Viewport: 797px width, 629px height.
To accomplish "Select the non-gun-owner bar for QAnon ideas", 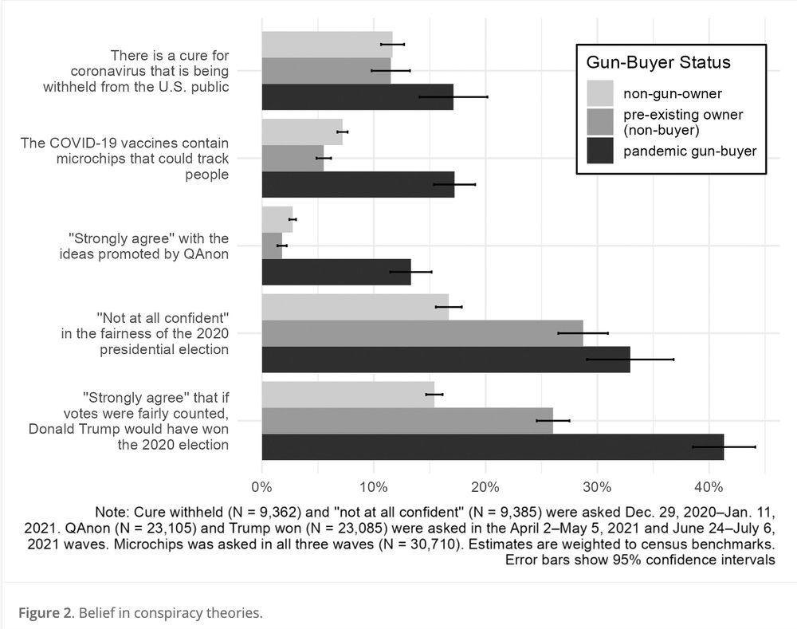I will pos(277,219).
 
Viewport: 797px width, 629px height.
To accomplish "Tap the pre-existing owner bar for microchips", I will pos(292,159).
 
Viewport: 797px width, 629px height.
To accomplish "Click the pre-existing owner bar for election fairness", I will pos(422,333).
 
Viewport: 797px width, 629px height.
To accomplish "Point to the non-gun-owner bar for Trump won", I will pos(347,394).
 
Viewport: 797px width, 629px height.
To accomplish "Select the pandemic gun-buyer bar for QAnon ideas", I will pos(336,272).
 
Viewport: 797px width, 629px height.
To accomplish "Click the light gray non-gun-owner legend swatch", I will pos(600,92).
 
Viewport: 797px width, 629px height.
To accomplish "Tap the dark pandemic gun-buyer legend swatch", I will pos(600,151).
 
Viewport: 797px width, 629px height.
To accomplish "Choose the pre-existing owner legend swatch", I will pos(600,122).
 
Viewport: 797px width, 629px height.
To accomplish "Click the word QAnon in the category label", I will pos(206,254).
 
